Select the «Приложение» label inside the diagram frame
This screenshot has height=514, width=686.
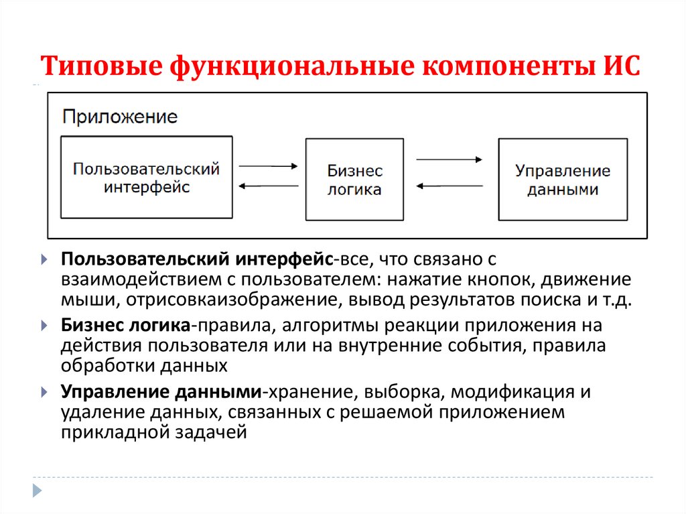click(120, 117)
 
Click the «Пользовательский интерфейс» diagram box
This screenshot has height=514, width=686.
click(147, 177)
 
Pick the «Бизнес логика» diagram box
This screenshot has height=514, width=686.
click(354, 180)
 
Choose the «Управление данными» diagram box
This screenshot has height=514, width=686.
click(563, 180)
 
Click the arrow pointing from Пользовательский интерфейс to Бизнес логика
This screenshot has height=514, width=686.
click(268, 166)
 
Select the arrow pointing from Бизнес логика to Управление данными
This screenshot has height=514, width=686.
click(449, 160)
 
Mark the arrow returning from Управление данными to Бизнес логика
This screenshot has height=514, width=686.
click(449, 187)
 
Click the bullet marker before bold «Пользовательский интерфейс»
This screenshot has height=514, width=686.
click(44, 259)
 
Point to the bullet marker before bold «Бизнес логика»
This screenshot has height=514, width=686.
click(44, 326)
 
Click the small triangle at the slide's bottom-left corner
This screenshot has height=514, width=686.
click(38, 490)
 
